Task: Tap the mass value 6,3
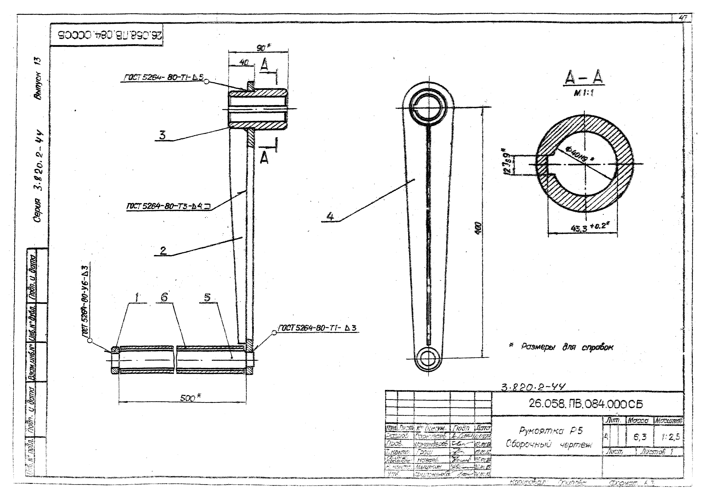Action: [x=640, y=437]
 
